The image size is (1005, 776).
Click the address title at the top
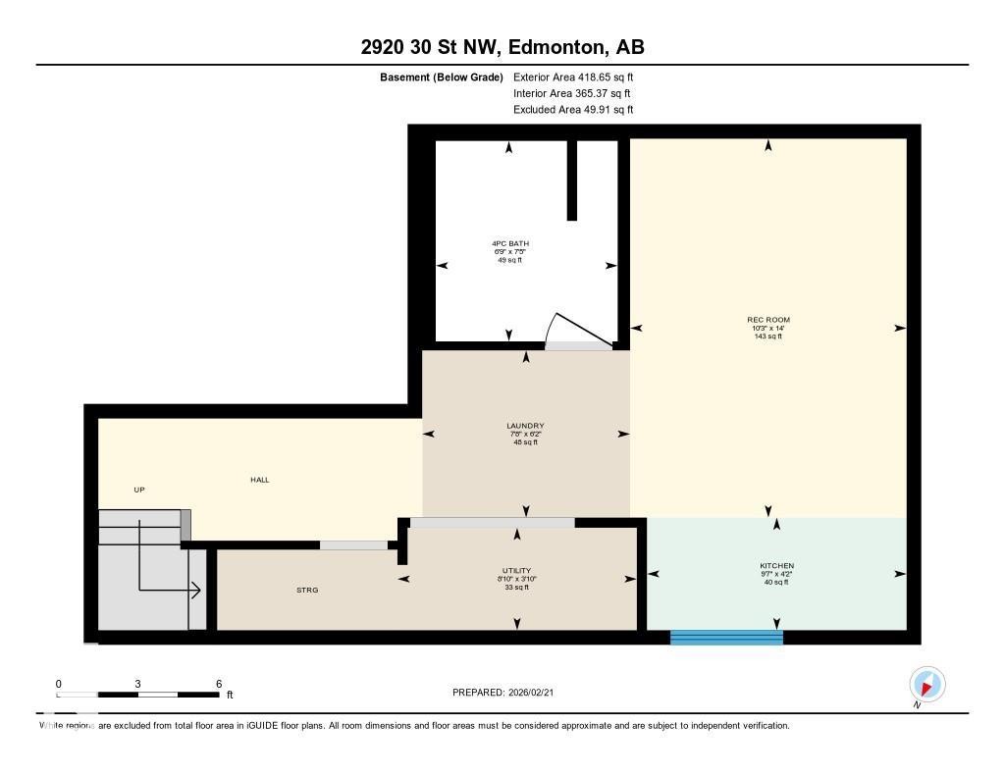(x=502, y=47)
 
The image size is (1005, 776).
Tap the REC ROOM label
(x=767, y=320)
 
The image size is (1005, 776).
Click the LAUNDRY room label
(x=525, y=426)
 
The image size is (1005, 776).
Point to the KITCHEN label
(x=776, y=566)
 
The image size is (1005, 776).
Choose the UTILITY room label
(x=516, y=570)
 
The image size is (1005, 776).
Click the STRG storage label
(x=307, y=590)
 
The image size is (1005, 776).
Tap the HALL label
(x=259, y=480)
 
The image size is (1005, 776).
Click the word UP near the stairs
(x=139, y=490)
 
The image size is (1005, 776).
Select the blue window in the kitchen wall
(x=726, y=638)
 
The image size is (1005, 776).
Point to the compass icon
(x=926, y=684)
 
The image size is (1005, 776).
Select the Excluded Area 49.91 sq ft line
(x=573, y=110)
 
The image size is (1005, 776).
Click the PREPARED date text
(x=509, y=693)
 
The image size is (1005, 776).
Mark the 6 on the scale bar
(x=218, y=684)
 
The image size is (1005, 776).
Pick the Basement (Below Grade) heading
(x=441, y=77)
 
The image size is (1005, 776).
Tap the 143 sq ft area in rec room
(x=767, y=336)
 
